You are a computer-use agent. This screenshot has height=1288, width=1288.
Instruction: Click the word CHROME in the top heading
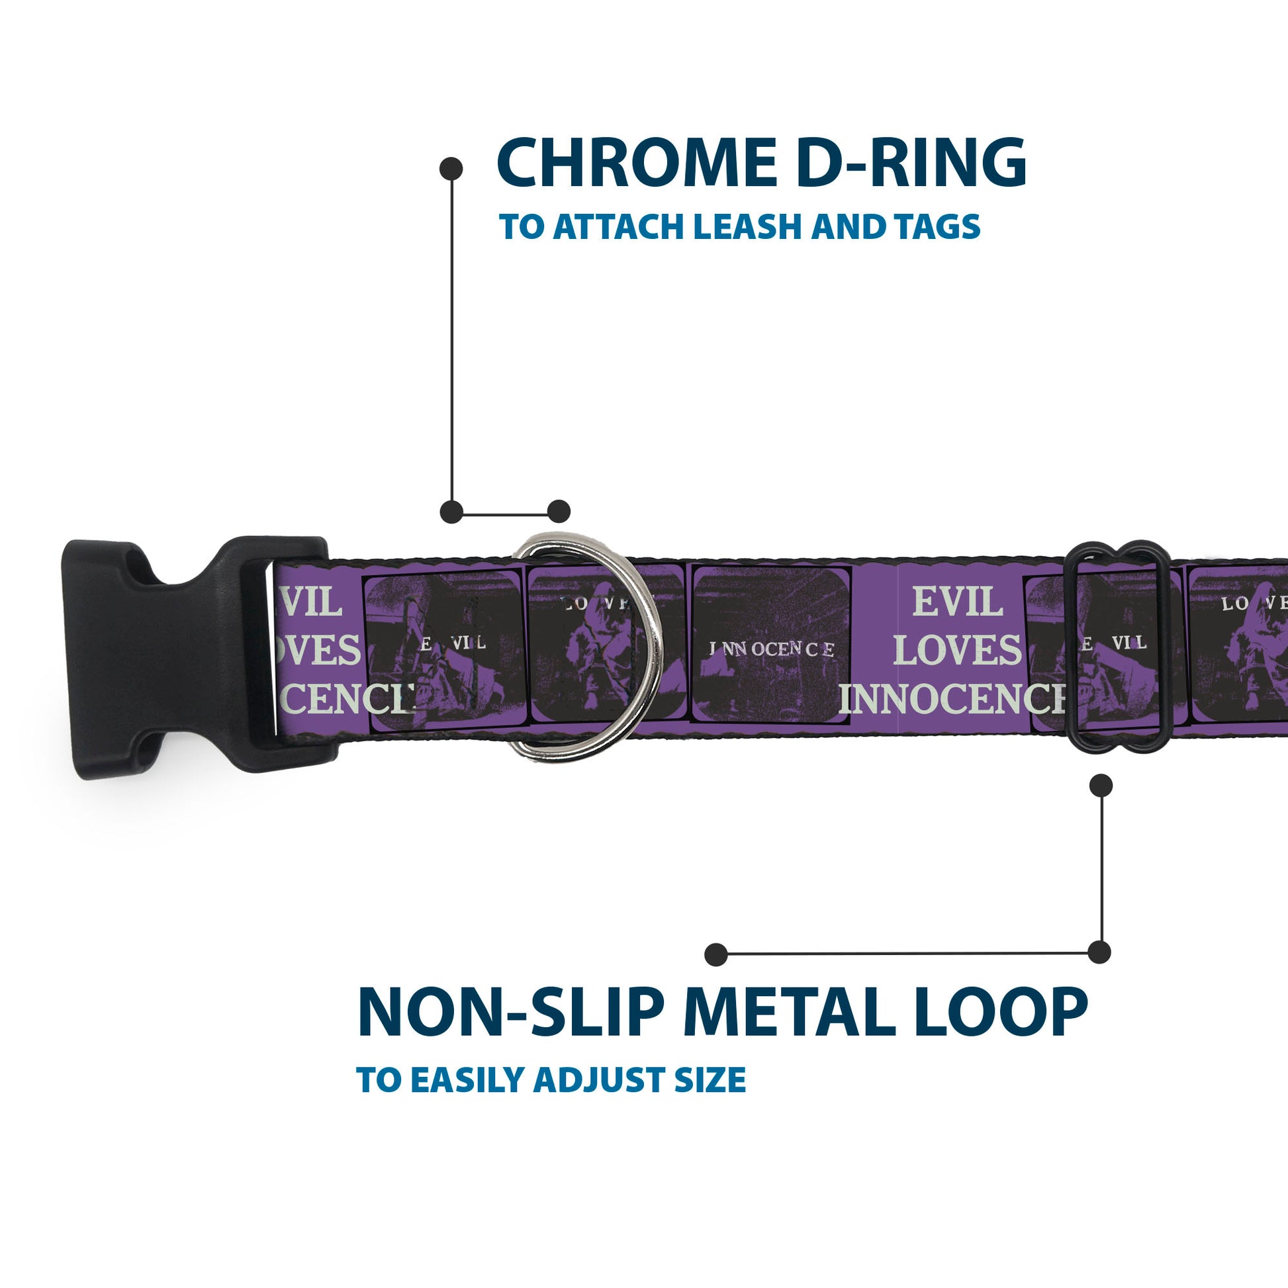(636, 163)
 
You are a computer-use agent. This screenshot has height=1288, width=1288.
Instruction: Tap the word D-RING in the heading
(911, 163)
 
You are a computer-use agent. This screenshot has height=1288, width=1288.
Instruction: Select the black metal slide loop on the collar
(1117, 647)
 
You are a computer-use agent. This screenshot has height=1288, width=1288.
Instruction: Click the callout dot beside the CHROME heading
(451, 169)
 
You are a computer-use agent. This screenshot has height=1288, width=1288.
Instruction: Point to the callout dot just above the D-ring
(559, 512)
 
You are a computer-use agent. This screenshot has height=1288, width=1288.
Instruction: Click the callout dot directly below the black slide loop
(1101, 786)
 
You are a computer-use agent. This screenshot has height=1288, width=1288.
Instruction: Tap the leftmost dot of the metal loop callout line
(716, 954)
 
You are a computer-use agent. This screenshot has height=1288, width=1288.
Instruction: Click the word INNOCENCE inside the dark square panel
(771, 649)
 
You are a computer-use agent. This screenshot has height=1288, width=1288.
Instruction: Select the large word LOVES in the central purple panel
(957, 650)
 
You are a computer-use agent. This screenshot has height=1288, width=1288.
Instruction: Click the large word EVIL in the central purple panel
(957, 603)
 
